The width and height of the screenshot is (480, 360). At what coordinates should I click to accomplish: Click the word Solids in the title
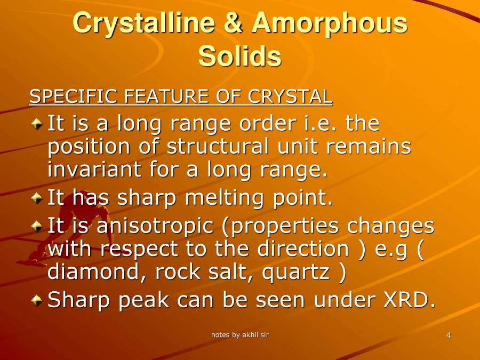click(240, 56)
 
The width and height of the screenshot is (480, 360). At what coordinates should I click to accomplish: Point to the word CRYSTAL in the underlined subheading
click(291, 97)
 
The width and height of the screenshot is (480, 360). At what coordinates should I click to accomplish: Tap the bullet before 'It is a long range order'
click(36, 124)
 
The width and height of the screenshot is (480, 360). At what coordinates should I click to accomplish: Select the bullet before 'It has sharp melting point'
click(36, 198)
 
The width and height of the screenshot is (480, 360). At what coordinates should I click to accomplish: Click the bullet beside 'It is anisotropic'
click(36, 227)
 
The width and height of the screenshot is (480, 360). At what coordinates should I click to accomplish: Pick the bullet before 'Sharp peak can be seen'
click(36, 301)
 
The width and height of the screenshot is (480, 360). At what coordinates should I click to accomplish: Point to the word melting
click(224, 198)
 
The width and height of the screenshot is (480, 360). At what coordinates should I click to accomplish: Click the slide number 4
click(449, 335)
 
